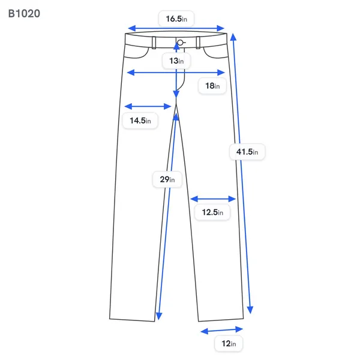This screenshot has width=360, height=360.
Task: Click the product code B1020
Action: [x=24, y=14]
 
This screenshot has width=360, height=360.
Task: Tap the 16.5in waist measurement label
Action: [x=176, y=19]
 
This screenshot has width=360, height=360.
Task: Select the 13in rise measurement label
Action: [x=176, y=61]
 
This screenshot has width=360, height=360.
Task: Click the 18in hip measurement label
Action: [x=212, y=86]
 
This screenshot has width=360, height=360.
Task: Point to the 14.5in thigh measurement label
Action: [x=140, y=121]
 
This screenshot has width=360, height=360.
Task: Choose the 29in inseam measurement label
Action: [x=167, y=179]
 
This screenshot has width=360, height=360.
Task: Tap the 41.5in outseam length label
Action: [x=247, y=152]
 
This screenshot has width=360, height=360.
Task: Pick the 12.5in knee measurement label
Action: [x=212, y=212]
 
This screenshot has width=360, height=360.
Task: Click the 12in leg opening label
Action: [x=229, y=344]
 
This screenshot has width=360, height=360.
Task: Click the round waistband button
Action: [x=180, y=43]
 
